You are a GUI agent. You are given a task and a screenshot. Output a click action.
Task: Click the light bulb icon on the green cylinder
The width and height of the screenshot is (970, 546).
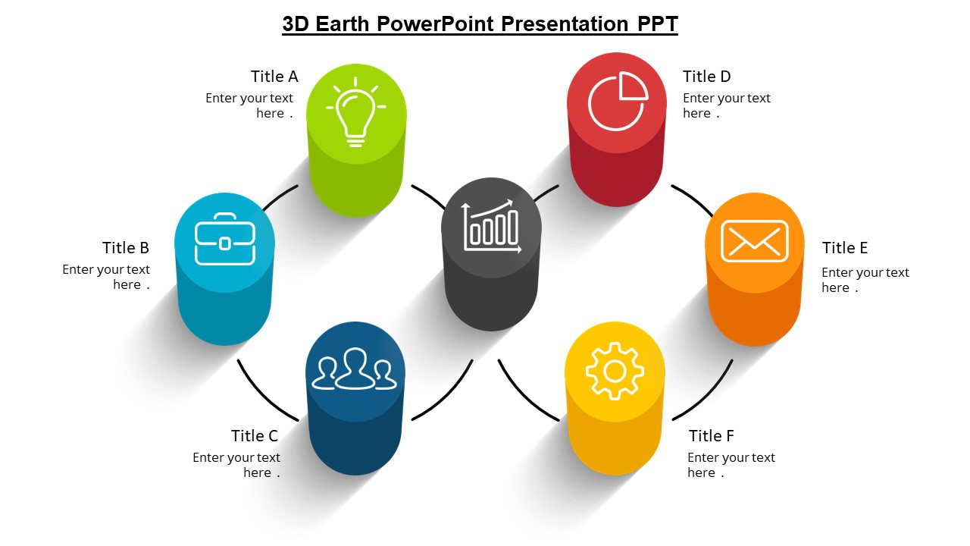355,111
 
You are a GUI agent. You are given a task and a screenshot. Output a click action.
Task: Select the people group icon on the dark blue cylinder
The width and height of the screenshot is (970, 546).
355,369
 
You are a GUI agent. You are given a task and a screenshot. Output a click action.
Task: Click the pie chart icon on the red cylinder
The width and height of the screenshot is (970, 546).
618,101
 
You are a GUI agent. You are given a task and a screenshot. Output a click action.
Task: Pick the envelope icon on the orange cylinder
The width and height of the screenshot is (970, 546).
754,240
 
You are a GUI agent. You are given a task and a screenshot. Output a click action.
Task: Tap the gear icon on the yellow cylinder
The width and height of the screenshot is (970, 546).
615,371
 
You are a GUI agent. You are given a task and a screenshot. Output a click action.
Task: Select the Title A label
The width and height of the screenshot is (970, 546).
274,77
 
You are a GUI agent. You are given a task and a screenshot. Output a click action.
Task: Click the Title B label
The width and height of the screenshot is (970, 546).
126,248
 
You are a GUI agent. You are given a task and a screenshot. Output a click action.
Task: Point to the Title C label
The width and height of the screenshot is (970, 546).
255,436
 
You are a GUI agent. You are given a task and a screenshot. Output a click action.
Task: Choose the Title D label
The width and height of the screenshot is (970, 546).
706,77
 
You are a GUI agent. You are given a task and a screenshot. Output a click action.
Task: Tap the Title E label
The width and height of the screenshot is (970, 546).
844,248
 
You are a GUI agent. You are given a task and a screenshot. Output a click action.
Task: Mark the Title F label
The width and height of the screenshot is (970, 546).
711,436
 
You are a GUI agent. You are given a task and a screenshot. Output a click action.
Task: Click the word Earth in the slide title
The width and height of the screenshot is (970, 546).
342,24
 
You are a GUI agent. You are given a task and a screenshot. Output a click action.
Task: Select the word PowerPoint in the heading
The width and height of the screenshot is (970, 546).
431,24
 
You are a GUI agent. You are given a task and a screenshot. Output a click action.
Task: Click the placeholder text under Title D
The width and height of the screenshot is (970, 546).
726,105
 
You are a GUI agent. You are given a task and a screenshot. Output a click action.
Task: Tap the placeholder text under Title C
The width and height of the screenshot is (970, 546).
236,465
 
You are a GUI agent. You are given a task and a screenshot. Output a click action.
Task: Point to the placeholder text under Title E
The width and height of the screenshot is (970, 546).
865,280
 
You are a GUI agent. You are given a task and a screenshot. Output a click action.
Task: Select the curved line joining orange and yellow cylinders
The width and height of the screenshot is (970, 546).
709,395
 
